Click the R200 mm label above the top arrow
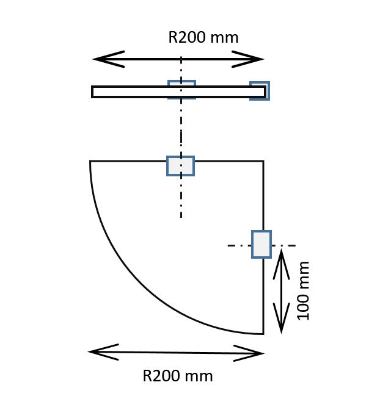(203, 37)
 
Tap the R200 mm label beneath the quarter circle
(178, 376)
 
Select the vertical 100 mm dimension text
(303, 291)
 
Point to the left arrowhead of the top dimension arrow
(109, 59)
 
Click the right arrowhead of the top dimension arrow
(248, 59)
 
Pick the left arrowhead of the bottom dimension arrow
(103, 352)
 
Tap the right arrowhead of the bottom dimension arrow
(249, 353)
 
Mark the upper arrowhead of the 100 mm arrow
(281, 264)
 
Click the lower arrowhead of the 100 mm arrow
(281, 319)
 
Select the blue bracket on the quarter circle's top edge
(181, 166)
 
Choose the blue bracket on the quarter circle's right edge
(261, 244)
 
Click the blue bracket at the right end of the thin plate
(260, 91)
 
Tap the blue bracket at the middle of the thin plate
(182, 90)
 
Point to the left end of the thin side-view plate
(92, 92)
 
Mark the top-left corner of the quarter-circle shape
(90, 161)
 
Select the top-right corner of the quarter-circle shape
(263, 161)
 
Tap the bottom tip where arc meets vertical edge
(263, 334)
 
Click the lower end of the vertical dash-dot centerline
(181, 217)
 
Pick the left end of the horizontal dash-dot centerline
(228, 245)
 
